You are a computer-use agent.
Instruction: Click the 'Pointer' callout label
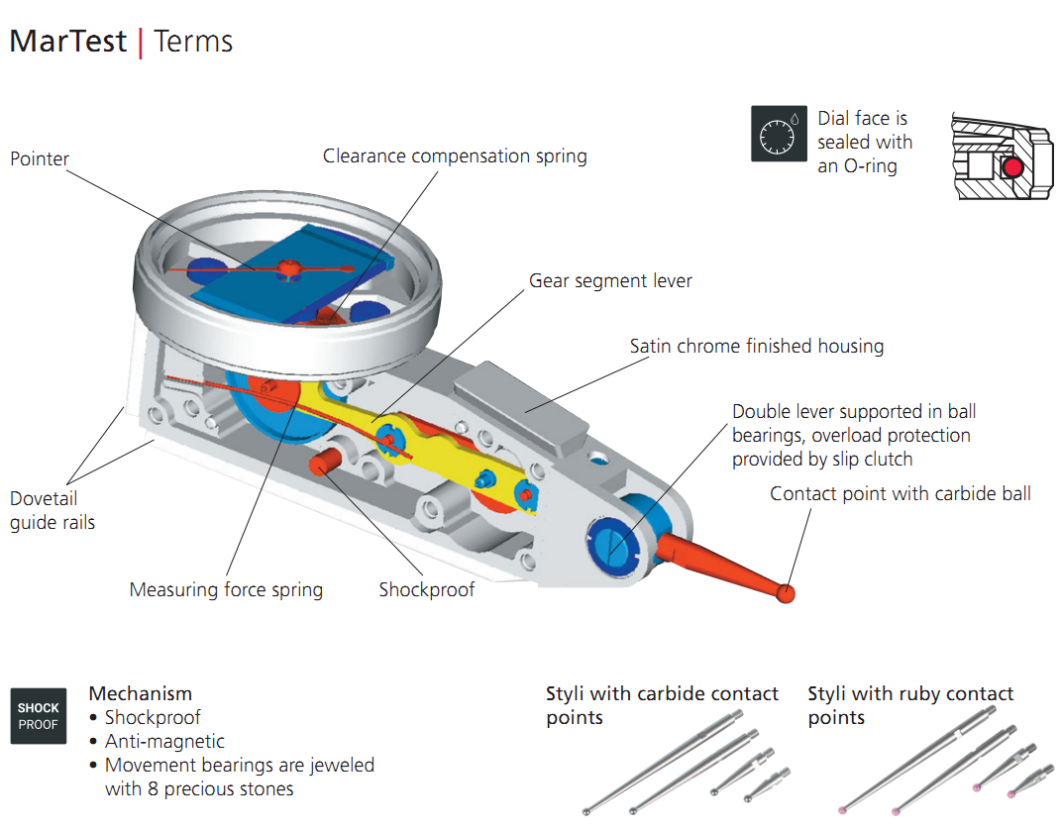40,158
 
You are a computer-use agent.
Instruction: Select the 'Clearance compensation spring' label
455,156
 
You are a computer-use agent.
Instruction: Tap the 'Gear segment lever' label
610,281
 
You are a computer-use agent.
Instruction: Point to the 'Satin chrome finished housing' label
757,347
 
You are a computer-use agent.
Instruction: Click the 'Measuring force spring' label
226,590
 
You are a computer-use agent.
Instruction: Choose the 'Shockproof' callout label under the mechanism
427,590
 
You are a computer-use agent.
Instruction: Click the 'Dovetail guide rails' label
53,510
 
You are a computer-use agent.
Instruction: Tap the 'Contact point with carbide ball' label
901,493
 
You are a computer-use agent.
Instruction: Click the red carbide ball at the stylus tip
786,593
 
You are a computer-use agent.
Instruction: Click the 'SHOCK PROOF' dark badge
39,715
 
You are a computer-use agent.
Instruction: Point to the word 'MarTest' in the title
68,42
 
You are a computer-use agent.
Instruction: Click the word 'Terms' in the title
193,42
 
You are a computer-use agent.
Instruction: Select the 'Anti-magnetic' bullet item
164,741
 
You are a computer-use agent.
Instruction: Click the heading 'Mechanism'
141,693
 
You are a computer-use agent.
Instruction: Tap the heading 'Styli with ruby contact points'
910,705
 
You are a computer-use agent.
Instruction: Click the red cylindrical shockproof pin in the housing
324,462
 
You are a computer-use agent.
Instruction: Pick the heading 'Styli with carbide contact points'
662,705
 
